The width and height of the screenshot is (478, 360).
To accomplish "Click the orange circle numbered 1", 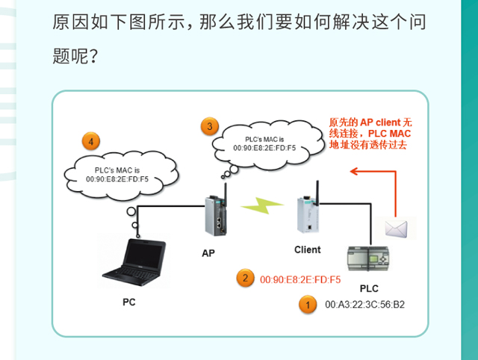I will point(305,305).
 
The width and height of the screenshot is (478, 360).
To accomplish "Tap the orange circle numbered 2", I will point(243,279).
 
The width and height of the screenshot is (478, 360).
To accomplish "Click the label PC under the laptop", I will point(129,302).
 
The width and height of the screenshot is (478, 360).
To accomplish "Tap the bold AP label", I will point(208,253).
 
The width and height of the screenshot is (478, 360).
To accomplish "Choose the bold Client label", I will point(307,249).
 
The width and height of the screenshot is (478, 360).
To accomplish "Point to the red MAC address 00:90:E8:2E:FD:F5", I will point(300,280).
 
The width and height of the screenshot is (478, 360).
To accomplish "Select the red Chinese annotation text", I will point(370,133).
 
